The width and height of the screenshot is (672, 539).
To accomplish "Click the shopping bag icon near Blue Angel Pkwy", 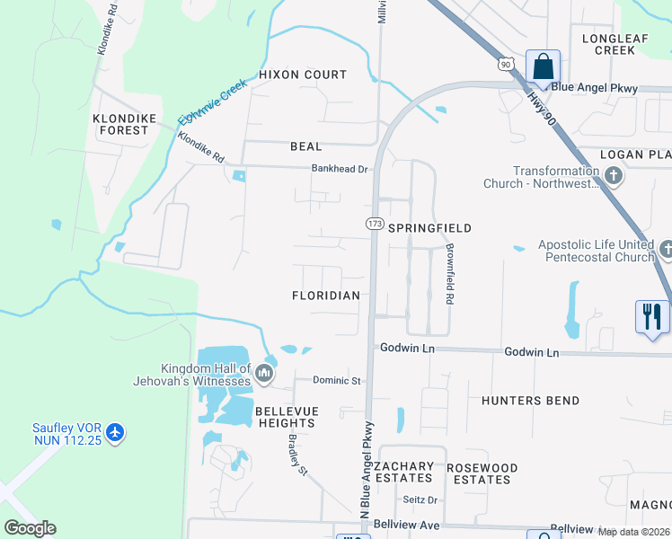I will [543, 66].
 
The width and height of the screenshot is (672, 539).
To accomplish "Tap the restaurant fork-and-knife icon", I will [652, 317].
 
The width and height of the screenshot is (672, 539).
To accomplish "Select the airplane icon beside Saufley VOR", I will [114, 432].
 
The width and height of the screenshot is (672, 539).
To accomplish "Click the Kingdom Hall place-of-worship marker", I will [263, 372].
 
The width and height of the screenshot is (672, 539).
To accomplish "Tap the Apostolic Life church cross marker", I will [666, 249].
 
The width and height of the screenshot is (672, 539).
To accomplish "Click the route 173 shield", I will [375, 223].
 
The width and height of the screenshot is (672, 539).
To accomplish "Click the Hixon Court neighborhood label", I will [303, 75].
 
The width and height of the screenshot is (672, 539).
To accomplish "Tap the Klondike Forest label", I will [120, 124].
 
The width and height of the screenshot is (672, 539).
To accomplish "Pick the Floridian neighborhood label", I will [326, 296].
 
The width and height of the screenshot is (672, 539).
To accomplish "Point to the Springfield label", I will [429, 228].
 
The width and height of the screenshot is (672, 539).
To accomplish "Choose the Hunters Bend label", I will [530, 401].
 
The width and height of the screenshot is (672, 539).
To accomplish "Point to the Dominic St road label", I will [336, 381].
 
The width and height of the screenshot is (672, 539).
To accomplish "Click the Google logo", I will [30, 528].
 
